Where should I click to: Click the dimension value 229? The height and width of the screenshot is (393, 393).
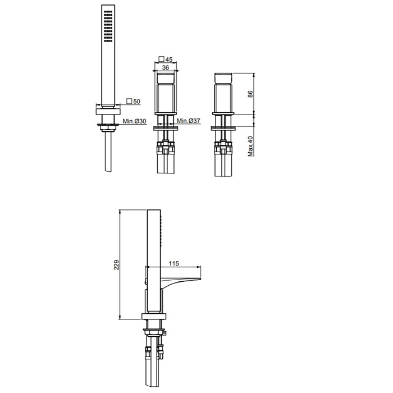point(117,264)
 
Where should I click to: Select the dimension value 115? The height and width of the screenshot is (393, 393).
point(173,263)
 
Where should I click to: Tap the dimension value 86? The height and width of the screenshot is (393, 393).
point(250,94)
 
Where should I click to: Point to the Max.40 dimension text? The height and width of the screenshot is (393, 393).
point(250,146)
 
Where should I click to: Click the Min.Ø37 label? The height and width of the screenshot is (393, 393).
point(189,121)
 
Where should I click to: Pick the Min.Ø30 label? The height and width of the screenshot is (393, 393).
point(134,121)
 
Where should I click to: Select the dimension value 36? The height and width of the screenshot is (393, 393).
point(166,67)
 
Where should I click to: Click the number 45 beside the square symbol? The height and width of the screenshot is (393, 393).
point(169,60)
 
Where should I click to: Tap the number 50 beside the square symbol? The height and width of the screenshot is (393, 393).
point(136,101)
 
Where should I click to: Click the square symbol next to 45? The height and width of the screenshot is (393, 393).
point(162,59)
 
